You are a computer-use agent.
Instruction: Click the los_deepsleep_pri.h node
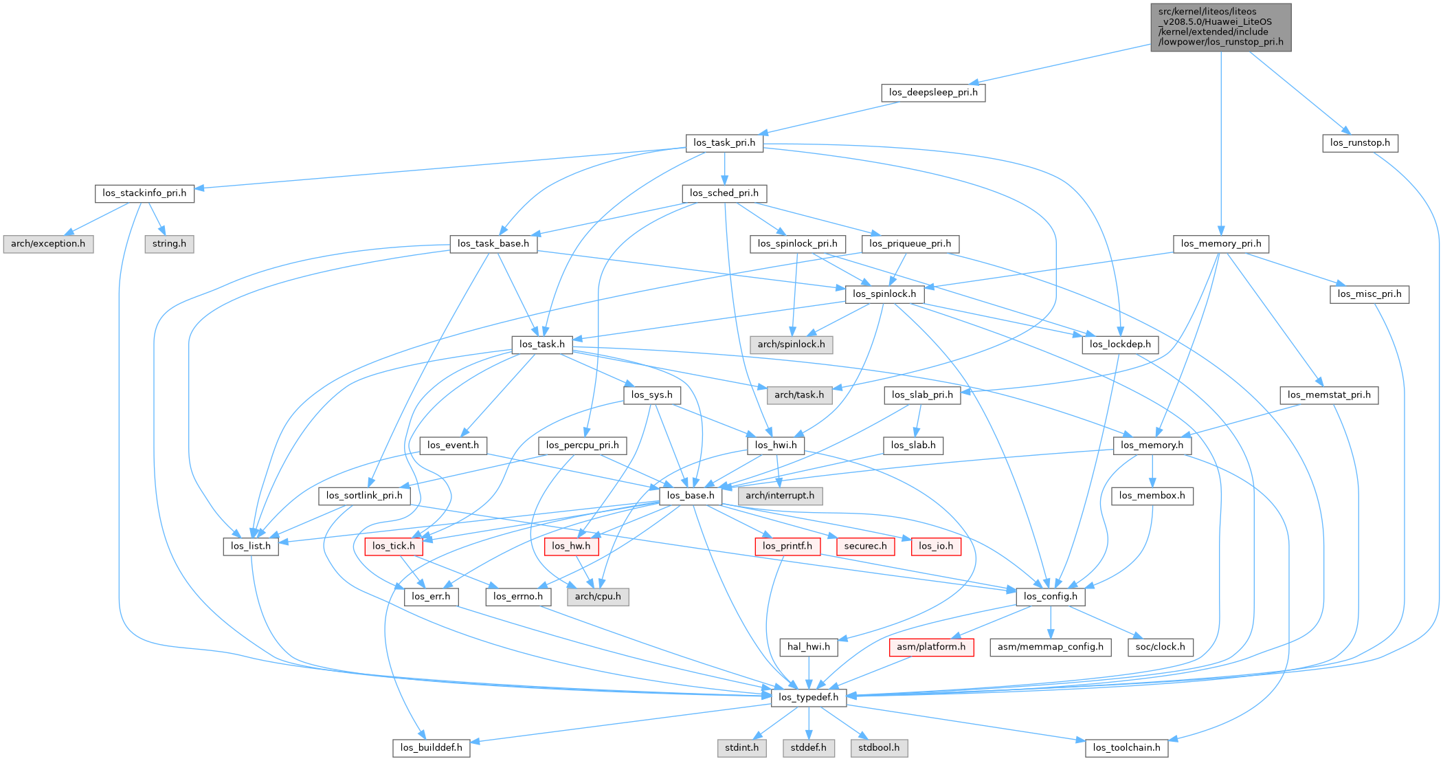pos(932,93)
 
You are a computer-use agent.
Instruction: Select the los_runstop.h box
pos(1359,143)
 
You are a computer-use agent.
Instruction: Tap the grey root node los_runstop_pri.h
pos(1220,27)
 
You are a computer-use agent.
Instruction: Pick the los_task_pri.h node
pos(724,143)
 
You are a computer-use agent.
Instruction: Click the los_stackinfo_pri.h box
pos(144,193)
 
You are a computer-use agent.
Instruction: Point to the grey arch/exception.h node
pos(48,244)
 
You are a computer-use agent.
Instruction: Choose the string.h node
pos(169,244)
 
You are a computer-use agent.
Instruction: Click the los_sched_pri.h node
pos(724,193)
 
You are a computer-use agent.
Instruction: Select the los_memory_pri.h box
pos(1220,244)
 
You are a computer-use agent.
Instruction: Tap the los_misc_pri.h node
pos(1369,294)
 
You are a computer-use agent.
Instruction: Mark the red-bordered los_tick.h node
pos(393,547)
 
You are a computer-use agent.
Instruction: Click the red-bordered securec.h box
pos(865,547)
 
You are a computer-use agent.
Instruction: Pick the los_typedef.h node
pos(808,697)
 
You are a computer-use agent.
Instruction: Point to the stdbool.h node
pos(878,748)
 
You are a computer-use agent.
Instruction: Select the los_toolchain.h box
pos(1126,748)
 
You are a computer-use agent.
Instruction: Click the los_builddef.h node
pos(431,748)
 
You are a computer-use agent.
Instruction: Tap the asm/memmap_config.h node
pos(1049,647)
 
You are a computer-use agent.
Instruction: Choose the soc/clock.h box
pos(1160,647)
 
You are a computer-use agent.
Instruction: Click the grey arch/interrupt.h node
pos(779,496)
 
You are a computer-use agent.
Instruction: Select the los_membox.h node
pos(1152,496)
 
